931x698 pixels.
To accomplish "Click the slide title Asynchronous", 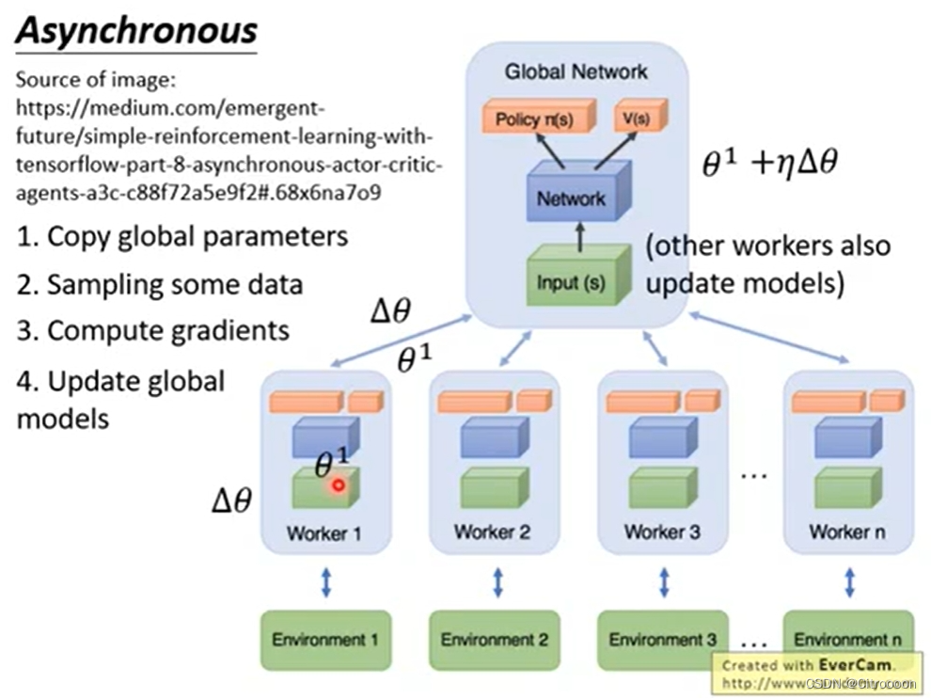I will click(136, 30).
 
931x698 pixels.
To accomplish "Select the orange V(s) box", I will click(639, 119).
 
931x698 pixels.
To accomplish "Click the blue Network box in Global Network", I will click(571, 197).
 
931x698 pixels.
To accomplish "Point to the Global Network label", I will click(576, 71).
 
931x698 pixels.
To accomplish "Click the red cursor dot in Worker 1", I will click(338, 485).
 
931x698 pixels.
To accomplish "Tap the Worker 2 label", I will click(492, 532).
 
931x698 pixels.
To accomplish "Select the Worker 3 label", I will click(661, 532).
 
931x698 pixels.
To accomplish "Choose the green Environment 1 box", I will click(324, 641).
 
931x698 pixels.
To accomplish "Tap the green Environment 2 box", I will click(495, 641).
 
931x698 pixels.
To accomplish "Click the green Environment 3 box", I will click(662, 641).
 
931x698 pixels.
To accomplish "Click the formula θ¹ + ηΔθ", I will click(770, 163).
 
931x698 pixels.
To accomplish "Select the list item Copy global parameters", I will click(181, 235).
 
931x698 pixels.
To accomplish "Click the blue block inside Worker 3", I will click(663, 437).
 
